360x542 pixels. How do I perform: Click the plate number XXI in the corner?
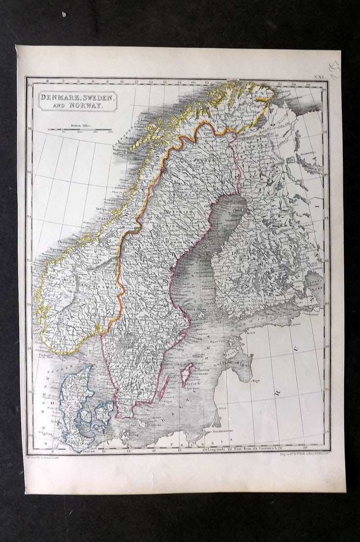coord(320,78)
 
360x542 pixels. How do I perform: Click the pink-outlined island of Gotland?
coord(187,373)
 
